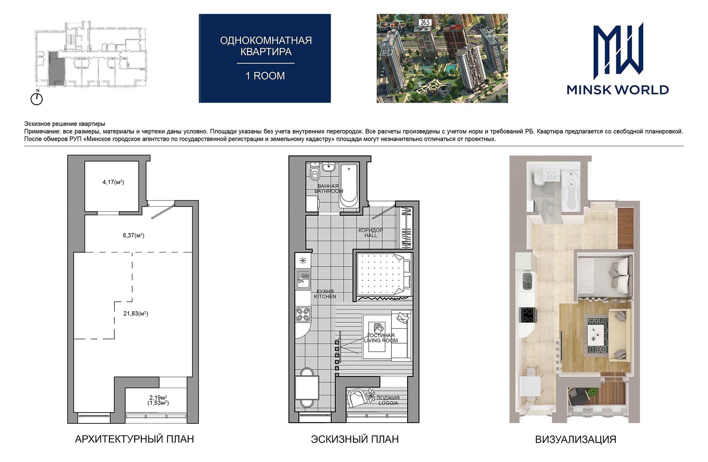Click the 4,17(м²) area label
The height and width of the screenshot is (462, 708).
(113, 182)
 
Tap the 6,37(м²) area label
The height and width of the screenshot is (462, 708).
(134, 235)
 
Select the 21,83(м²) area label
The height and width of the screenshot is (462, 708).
(136, 314)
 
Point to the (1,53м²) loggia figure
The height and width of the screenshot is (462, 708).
(158, 403)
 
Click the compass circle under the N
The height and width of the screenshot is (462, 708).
(37, 99)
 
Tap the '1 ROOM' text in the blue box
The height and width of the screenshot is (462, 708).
(265, 76)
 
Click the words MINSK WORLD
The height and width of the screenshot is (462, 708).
(618, 90)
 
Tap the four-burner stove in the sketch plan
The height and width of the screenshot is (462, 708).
(303, 314)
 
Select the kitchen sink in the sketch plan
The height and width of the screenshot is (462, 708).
(303, 279)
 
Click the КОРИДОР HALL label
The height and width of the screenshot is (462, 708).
(371, 233)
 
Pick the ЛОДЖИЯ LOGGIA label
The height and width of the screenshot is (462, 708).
(388, 400)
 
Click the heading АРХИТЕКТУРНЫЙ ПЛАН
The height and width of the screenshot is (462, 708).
(134, 439)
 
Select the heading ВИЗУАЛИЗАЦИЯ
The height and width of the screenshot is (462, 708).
(576, 439)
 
